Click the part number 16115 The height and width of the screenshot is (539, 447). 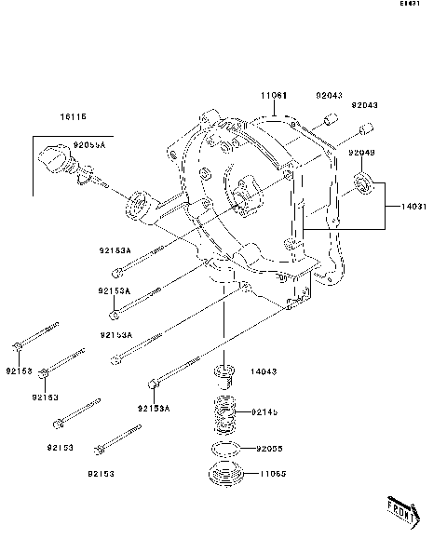[x=73, y=117]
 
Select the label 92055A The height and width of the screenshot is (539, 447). [x=90, y=146]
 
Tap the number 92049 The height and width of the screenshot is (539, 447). [x=362, y=152]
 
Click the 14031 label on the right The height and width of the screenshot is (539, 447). [x=415, y=207]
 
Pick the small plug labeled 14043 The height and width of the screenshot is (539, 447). [x=223, y=376]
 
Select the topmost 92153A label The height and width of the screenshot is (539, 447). [x=115, y=249]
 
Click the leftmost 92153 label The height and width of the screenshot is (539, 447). [x=18, y=371]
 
